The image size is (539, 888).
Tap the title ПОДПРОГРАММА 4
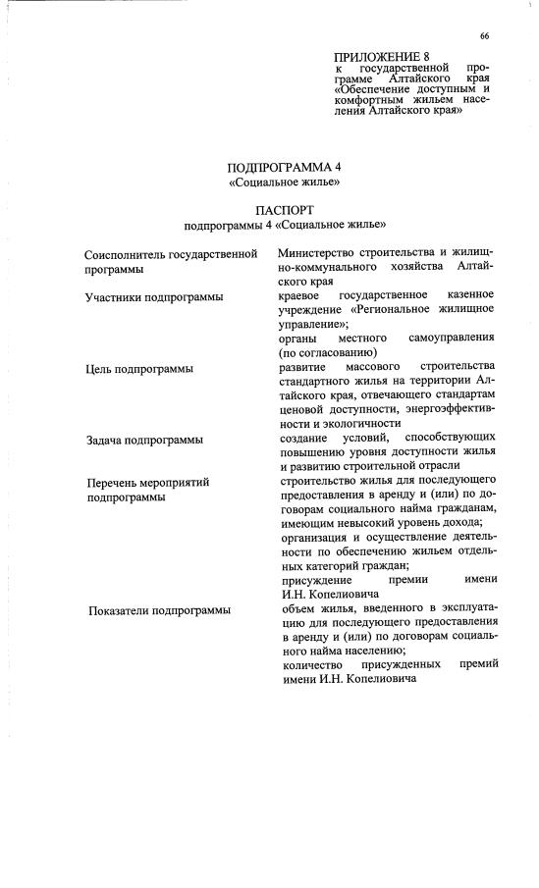pos(283,167)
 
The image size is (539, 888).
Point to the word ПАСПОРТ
pos(284,211)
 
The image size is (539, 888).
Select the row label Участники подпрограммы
pos(153,296)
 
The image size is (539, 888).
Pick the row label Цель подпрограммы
pos(138,369)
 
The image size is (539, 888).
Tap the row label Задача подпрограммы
pos(144,440)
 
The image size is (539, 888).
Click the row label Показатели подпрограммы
pos(160,610)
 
